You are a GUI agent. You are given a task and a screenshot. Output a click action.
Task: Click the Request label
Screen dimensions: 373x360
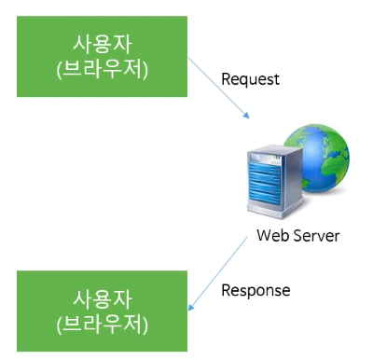tap(250, 79)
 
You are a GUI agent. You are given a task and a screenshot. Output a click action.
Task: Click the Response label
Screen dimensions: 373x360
tap(256, 290)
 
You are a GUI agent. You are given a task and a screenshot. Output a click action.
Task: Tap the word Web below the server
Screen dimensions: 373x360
tap(270, 235)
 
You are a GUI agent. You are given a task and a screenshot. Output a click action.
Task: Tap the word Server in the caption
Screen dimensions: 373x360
tap(314, 235)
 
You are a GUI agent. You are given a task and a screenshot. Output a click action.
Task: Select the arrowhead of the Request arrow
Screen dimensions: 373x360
tap(246, 116)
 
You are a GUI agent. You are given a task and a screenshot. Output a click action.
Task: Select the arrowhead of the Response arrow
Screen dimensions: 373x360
tap(191, 307)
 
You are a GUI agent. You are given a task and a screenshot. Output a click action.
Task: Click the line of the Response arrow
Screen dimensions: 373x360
tap(218, 273)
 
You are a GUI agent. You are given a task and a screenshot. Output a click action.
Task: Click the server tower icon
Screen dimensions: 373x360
tap(275, 183)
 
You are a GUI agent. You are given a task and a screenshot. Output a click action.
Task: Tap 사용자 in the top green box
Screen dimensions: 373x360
tap(102, 44)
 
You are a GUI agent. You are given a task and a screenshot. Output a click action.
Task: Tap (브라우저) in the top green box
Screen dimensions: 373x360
tap(102, 69)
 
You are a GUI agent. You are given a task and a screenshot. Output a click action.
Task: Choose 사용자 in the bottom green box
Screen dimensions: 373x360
tap(102, 299)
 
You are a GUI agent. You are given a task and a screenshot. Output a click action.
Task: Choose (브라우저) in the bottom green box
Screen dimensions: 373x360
tap(102, 324)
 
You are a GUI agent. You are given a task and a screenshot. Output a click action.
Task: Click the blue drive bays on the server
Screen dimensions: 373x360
tap(265, 184)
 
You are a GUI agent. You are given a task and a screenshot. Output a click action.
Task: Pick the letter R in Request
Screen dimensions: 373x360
tap(226, 78)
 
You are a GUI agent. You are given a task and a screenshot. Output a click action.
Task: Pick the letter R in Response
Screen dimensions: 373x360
tap(226, 290)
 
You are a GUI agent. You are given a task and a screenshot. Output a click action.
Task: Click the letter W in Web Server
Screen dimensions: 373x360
tap(264, 235)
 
